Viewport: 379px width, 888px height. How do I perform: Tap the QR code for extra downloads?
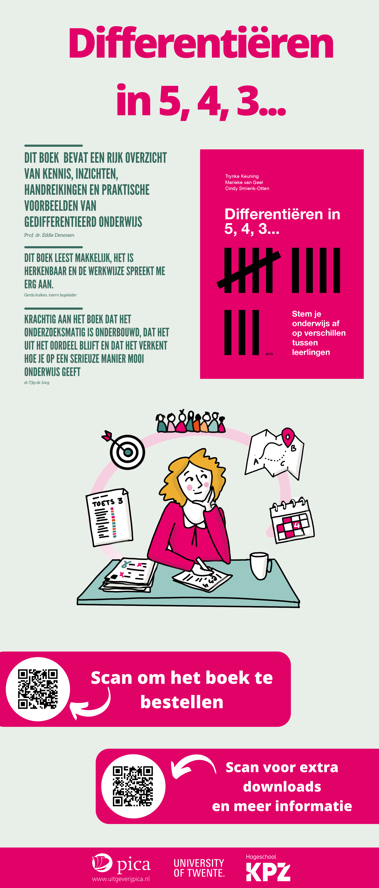tap(133, 786)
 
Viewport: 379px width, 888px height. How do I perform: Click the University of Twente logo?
tap(199, 868)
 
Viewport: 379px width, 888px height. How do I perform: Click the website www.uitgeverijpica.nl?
tap(121, 879)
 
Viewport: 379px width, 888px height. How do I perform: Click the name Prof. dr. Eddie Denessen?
tap(49, 235)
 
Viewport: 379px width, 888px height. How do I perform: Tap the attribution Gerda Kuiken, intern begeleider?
tap(50, 295)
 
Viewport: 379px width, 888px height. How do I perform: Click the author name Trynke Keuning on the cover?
tap(242, 176)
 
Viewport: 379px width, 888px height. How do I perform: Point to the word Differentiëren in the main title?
tap(201, 44)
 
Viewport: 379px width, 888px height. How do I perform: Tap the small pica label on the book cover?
tap(269, 354)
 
